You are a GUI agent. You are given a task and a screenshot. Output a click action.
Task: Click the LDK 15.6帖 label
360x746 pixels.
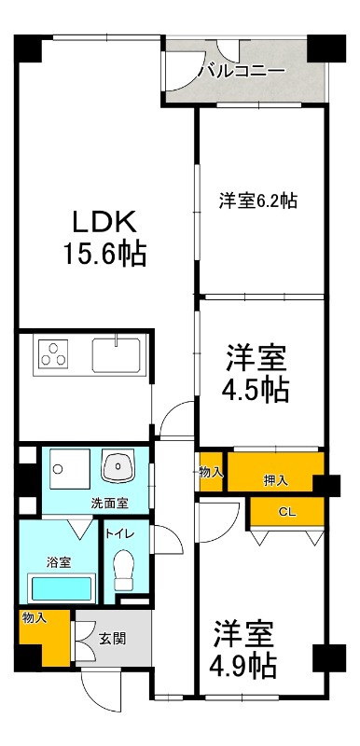(105, 238)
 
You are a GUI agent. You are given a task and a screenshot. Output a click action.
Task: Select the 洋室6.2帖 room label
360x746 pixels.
(258, 200)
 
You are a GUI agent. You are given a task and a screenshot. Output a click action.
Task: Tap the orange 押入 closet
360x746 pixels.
(275, 480)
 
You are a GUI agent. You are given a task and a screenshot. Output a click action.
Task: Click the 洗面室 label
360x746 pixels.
(109, 503)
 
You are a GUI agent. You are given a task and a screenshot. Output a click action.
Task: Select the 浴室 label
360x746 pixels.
(59, 563)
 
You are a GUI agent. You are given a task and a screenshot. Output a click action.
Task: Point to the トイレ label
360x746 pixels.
(119, 535)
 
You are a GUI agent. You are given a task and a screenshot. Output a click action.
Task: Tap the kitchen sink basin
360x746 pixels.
(116, 354)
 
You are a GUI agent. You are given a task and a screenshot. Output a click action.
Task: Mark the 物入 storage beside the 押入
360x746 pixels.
(211, 472)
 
